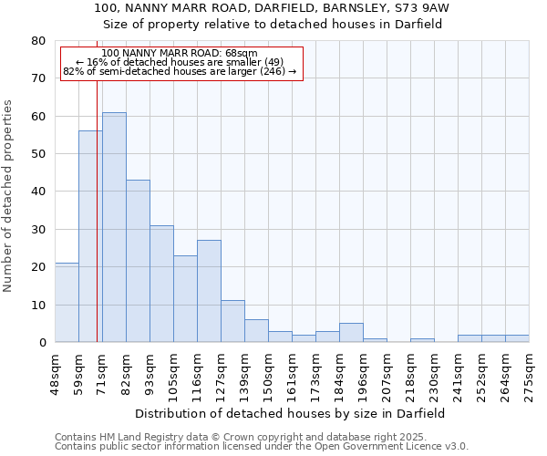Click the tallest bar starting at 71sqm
click(x=114, y=227)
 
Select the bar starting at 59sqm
click(x=90, y=236)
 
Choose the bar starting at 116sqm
click(x=209, y=291)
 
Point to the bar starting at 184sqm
click(x=351, y=333)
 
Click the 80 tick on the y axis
click(x=38, y=41)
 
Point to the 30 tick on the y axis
click(x=38, y=230)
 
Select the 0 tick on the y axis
click(x=42, y=343)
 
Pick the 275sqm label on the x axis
click(x=529, y=369)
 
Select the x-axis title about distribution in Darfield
click(x=292, y=414)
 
